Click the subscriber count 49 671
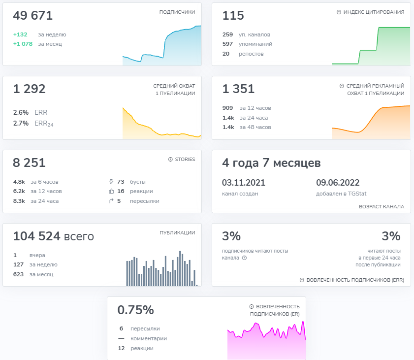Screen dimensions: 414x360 coord(33,15)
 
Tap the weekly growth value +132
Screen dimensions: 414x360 coord(20,34)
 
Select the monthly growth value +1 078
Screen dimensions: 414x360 coord(23,44)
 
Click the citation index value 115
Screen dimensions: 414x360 coord(233,15)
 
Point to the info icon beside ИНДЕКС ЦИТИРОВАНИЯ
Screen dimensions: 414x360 coord(339,12)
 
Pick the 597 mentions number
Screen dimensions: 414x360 coord(227,44)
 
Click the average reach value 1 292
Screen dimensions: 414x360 coord(30,89)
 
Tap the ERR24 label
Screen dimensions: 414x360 coord(44,123)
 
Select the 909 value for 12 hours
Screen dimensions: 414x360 coord(227,108)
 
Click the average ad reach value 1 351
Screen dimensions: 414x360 coord(238,89)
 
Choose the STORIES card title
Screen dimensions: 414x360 coord(185,159)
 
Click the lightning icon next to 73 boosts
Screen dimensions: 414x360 coord(111,182)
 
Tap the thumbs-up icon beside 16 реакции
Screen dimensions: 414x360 coord(111,191)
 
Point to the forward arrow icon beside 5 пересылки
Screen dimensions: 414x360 coord(111,201)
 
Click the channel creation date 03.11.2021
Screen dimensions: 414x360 coord(244,183)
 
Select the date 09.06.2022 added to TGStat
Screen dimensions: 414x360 coord(338,183)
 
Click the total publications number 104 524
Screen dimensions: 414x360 coord(37,236)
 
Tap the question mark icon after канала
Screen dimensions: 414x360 coord(245,258)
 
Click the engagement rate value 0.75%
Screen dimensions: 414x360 coord(136,310)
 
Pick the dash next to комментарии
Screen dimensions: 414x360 coord(121,338)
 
